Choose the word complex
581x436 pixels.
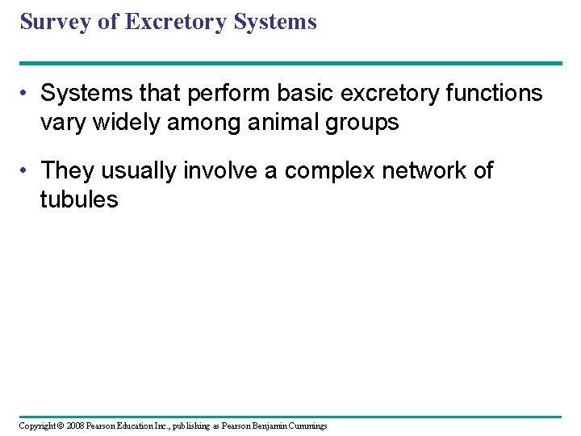[319, 171]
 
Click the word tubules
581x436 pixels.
[79, 200]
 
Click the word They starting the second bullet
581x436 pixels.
[67, 171]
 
